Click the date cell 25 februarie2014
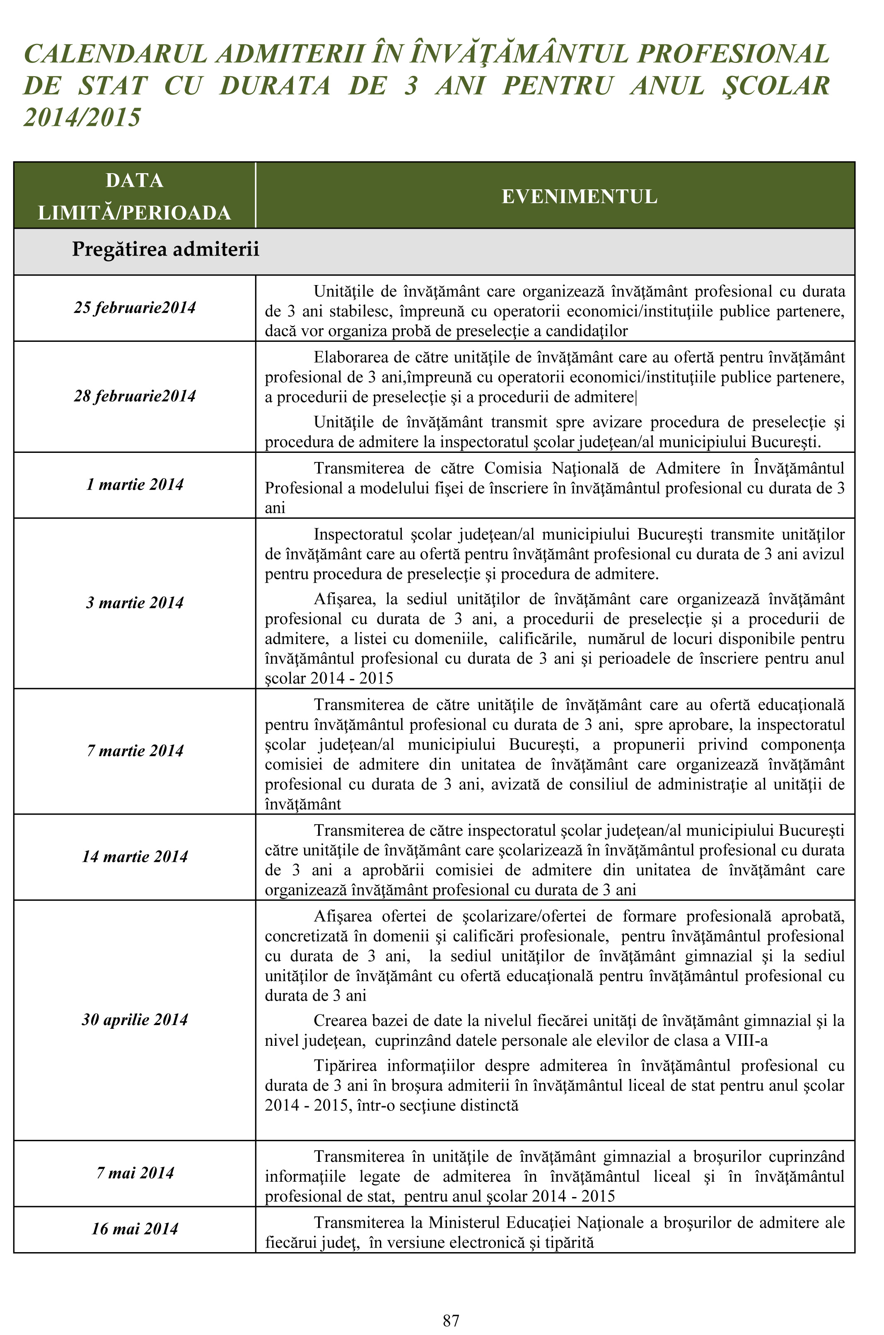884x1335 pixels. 135,308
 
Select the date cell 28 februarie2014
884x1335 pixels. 135,397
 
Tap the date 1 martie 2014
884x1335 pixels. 135,485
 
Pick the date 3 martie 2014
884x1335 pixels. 135,603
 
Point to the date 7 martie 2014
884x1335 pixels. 135,751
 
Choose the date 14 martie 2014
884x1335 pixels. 135,857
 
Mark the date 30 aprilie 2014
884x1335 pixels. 135,1020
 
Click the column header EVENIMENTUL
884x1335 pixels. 580,197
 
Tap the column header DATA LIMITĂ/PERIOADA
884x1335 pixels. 135,197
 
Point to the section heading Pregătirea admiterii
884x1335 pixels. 165,249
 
